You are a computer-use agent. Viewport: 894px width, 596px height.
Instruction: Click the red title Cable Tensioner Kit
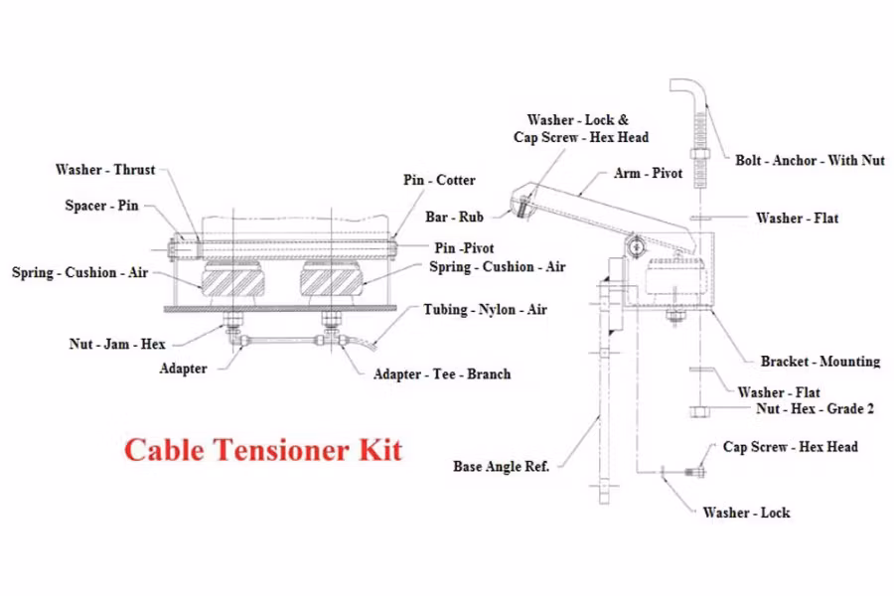click(x=263, y=450)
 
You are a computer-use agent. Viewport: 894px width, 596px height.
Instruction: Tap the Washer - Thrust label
click(x=105, y=170)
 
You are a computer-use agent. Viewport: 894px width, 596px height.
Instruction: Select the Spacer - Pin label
click(x=101, y=207)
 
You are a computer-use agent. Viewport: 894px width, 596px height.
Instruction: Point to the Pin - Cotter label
click(x=439, y=180)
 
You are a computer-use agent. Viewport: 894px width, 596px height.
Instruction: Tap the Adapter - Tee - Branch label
click(x=442, y=374)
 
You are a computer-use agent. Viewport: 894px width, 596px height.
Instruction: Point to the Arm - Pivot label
click(x=649, y=174)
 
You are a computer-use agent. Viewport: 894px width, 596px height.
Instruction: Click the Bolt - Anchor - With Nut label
click(x=811, y=160)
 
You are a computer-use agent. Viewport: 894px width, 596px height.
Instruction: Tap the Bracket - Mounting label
click(x=820, y=362)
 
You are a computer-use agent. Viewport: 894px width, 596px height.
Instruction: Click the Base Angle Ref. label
click(x=502, y=466)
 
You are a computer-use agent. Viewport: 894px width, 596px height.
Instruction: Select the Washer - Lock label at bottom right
click(x=746, y=513)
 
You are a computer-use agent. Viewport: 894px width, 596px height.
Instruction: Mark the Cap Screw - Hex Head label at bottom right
click(x=790, y=447)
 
